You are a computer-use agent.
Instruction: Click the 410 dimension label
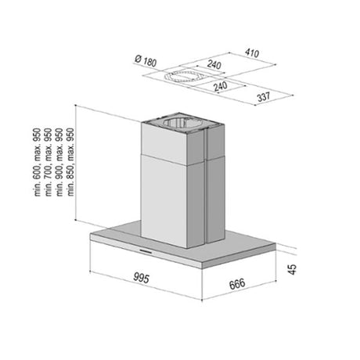[x=252, y=53]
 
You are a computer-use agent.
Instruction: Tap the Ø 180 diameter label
[x=146, y=61]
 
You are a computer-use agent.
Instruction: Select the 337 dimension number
[x=264, y=97]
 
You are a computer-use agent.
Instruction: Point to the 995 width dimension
[x=141, y=278]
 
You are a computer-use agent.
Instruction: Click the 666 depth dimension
[x=237, y=284]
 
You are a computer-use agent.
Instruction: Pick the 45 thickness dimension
[x=293, y=269]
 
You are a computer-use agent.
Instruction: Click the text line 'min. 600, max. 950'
[x=38, y=162]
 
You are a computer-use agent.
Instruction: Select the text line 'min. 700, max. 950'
[x=49, y=162]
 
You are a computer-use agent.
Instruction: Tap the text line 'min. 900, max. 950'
[x=59, y=162]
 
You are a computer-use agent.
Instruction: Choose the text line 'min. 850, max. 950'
[x=70, y=162]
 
